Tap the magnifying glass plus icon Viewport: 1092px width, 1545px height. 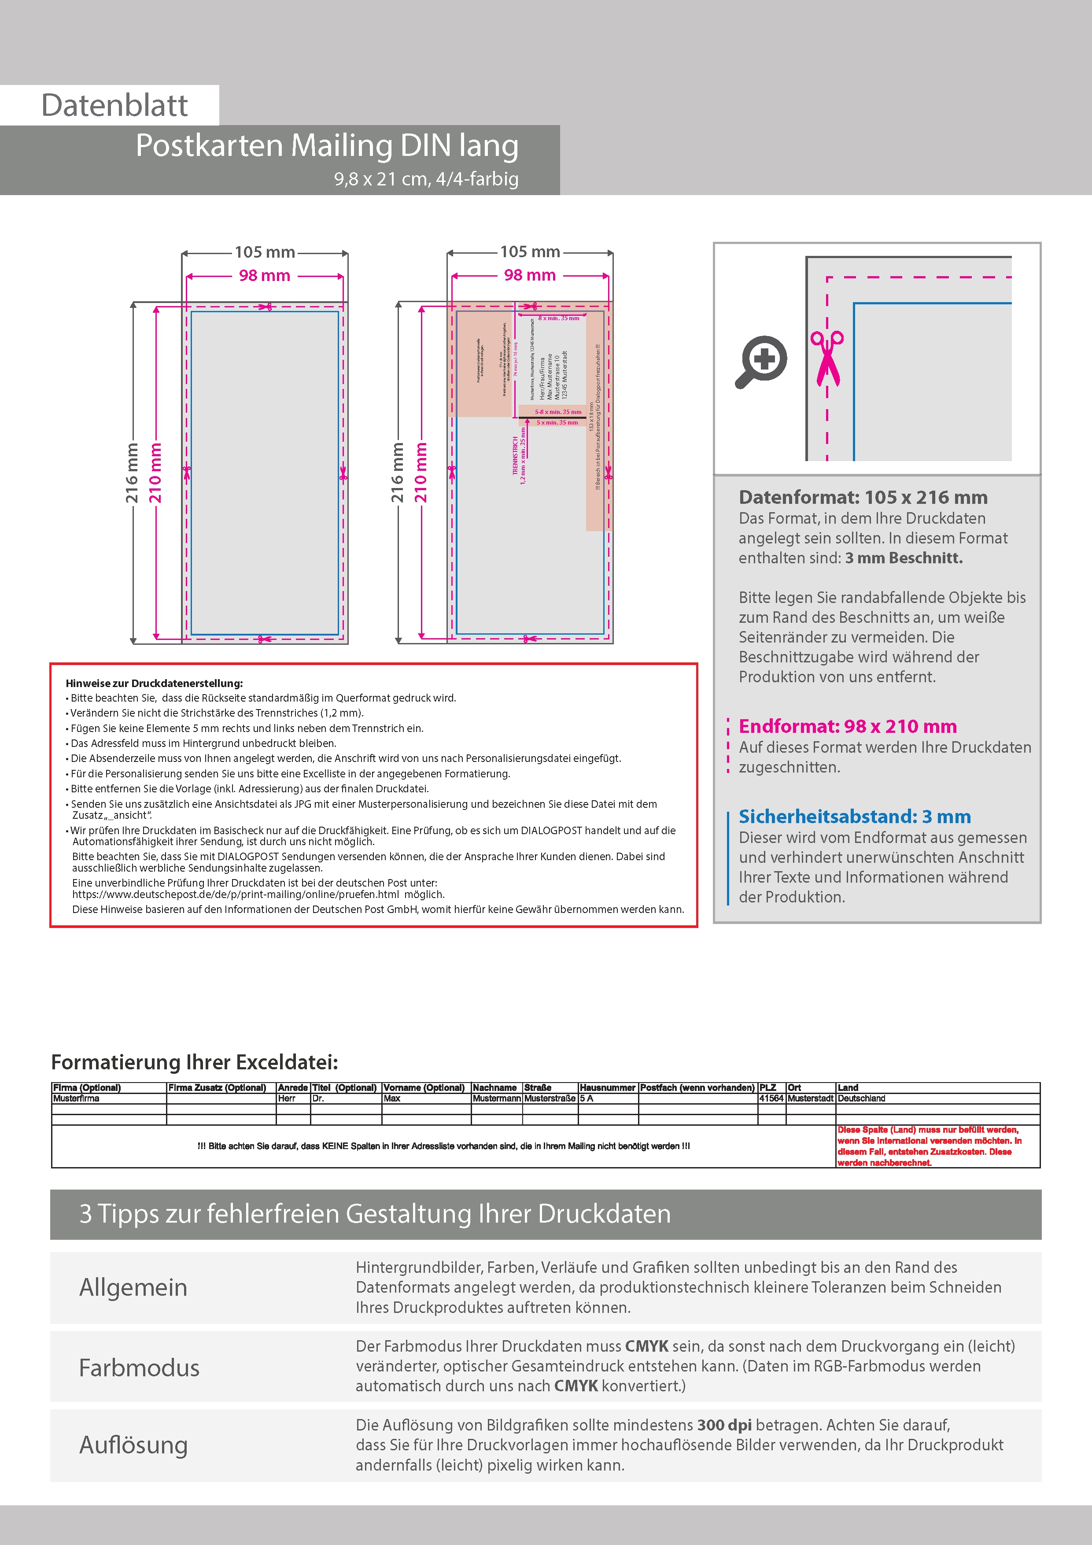coord(761,361)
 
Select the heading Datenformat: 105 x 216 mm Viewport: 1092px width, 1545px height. coord(863,497)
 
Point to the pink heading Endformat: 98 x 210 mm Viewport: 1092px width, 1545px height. coord(847,726)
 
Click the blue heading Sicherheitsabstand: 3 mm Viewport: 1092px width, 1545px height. coord(855,816)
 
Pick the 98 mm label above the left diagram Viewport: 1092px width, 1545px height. coord(265,276)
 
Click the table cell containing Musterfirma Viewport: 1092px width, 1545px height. coord(77,1098)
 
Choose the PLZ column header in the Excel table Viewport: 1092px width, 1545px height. coord(767,1087)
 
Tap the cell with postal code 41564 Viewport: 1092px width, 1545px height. coord(771,1098)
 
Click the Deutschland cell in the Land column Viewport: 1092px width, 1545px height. coord(861,1098)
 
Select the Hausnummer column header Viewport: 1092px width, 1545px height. coord(607,1087)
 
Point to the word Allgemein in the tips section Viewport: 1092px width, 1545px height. coord(133,1287)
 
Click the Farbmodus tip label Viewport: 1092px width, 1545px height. coord(139,1368)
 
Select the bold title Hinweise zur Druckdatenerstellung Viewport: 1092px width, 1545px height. coord(154,683)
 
